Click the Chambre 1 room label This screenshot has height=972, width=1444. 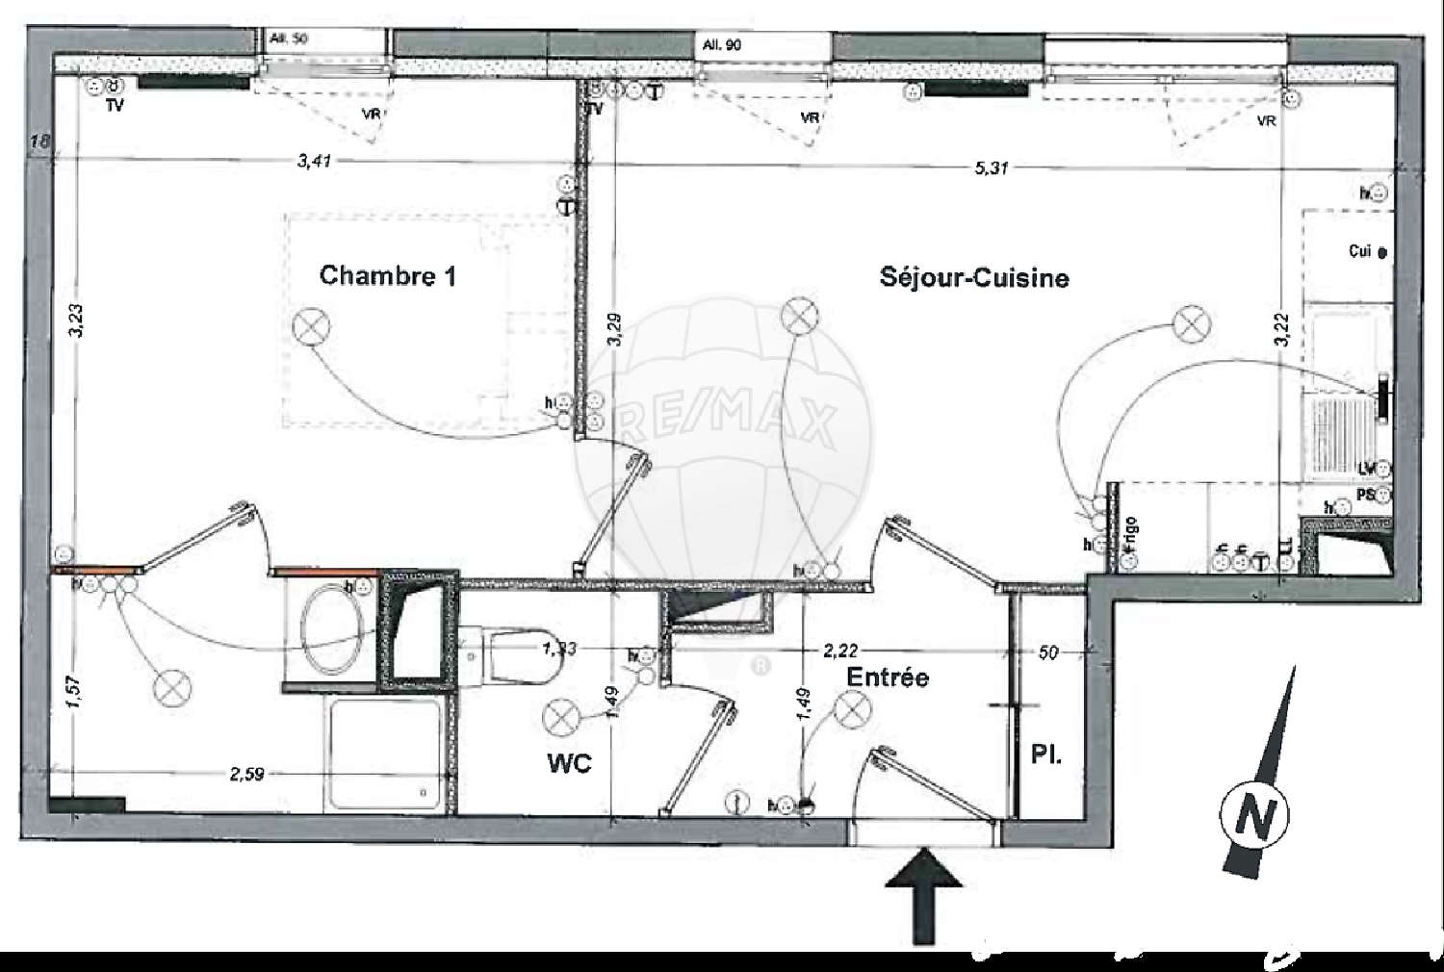[x=387, y=276]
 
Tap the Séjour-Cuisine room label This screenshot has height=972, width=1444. [x=973, y=278]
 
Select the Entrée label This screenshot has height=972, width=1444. [x=888, y=677]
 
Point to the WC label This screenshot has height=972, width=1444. [x=569, y=763]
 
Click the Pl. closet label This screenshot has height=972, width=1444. [x=1046, y=754]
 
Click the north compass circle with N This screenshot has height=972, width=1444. [x=1253, y=816]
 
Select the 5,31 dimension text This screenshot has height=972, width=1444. [x=991, y=168]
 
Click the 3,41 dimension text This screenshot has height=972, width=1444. [x=314, y=161]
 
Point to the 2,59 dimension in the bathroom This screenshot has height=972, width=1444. [x=246, y=774]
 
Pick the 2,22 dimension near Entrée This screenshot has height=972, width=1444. [x=839, y=652]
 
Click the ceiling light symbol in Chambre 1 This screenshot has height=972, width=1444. [x=311, y=326]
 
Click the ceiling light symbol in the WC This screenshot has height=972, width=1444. [x=558, y=717]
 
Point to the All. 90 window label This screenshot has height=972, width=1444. [x=722, y=45]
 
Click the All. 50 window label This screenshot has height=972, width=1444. [x=289, y=38]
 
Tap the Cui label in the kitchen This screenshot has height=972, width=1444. [x=1360, y=251]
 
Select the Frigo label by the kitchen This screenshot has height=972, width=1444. [x=1130, y=535]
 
